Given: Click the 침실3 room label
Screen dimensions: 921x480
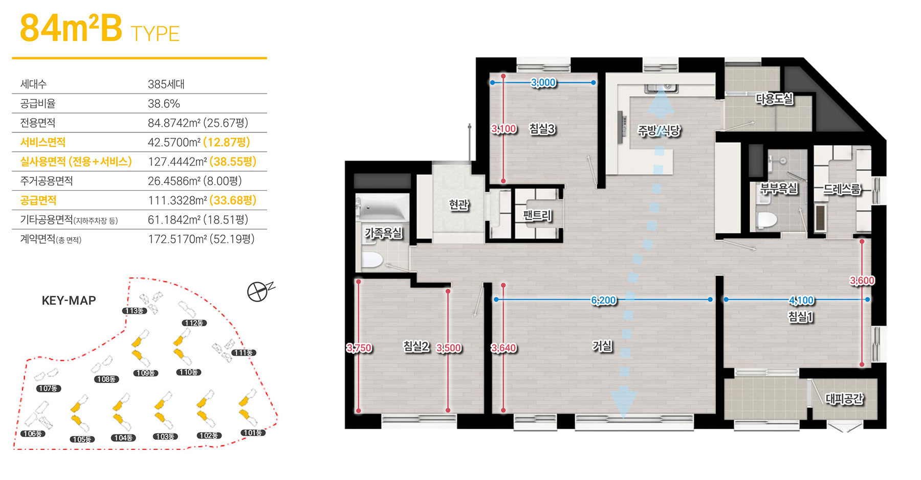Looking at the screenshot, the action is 542,129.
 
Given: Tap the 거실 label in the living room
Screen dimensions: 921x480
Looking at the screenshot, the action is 602,346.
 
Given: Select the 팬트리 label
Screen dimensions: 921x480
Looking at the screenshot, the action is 537,215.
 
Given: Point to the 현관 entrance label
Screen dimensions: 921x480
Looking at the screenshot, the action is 458,205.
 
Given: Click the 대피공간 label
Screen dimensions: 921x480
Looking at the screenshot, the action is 844,398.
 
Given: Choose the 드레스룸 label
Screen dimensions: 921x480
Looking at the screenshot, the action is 842,189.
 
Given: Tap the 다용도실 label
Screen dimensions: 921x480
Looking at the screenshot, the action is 775,99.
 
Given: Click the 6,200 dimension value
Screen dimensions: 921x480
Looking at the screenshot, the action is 604,300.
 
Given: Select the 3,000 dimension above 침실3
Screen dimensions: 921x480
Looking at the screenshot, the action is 543,83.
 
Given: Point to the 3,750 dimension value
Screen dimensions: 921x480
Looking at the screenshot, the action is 359,348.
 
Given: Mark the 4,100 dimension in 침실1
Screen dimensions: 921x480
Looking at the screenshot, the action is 802,301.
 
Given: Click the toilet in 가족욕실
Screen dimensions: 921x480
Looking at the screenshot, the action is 372,260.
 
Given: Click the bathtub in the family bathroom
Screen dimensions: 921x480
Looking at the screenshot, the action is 382,208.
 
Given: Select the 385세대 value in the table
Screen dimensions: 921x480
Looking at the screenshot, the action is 166,84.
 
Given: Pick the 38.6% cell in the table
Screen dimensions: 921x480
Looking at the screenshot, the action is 164,104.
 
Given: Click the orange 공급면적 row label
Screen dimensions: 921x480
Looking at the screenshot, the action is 38,200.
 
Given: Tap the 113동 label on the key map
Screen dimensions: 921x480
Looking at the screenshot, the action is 135,311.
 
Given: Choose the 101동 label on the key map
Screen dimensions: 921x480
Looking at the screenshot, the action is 253,433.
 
